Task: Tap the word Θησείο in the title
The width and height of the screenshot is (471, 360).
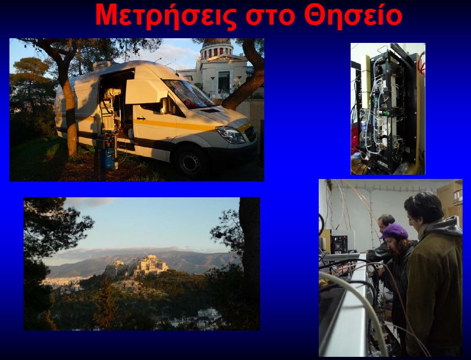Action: point(353,16)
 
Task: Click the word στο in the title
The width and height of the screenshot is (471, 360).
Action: point(271,17)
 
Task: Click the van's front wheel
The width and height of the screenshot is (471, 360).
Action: point(190,162)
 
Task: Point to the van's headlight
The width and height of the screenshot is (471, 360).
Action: point(230,134)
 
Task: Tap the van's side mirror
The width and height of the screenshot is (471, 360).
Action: point(165,106)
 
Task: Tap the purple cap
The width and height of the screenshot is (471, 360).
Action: point(394,231)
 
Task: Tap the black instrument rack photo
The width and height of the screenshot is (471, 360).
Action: point(388,109)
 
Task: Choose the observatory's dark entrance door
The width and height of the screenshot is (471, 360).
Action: point(224,82)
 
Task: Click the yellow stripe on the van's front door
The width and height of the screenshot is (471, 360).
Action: point(155,123)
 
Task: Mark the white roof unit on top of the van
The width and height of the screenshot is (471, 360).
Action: point(102,64)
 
